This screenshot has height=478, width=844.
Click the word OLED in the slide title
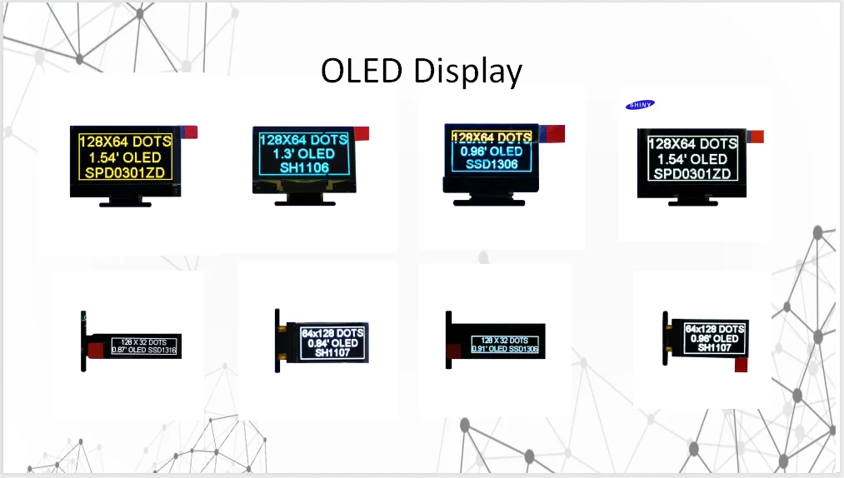(x=361, y=71)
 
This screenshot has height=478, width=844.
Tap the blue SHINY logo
(x=640, y=104)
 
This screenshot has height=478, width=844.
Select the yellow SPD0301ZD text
(x=124, y=172)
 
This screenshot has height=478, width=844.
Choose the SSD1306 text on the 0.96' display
(x=491, y=164)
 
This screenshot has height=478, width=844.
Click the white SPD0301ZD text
(x=692, y=174)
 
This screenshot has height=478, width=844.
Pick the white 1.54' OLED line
(x=692, y=159)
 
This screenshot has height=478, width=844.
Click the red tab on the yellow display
(x=189, y=132)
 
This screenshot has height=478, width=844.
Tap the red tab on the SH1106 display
(x=362, y=133)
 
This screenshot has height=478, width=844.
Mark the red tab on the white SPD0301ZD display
(x=757, y=137)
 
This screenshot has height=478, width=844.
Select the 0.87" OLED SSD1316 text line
(x=145, y=351)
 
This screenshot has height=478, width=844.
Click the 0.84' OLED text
(x=332, y=343)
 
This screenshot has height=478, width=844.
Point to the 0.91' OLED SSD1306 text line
(x=499, y=349)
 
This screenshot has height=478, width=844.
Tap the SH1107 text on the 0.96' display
(x=715, y=348)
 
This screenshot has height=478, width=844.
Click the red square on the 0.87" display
(x=96, y=346)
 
